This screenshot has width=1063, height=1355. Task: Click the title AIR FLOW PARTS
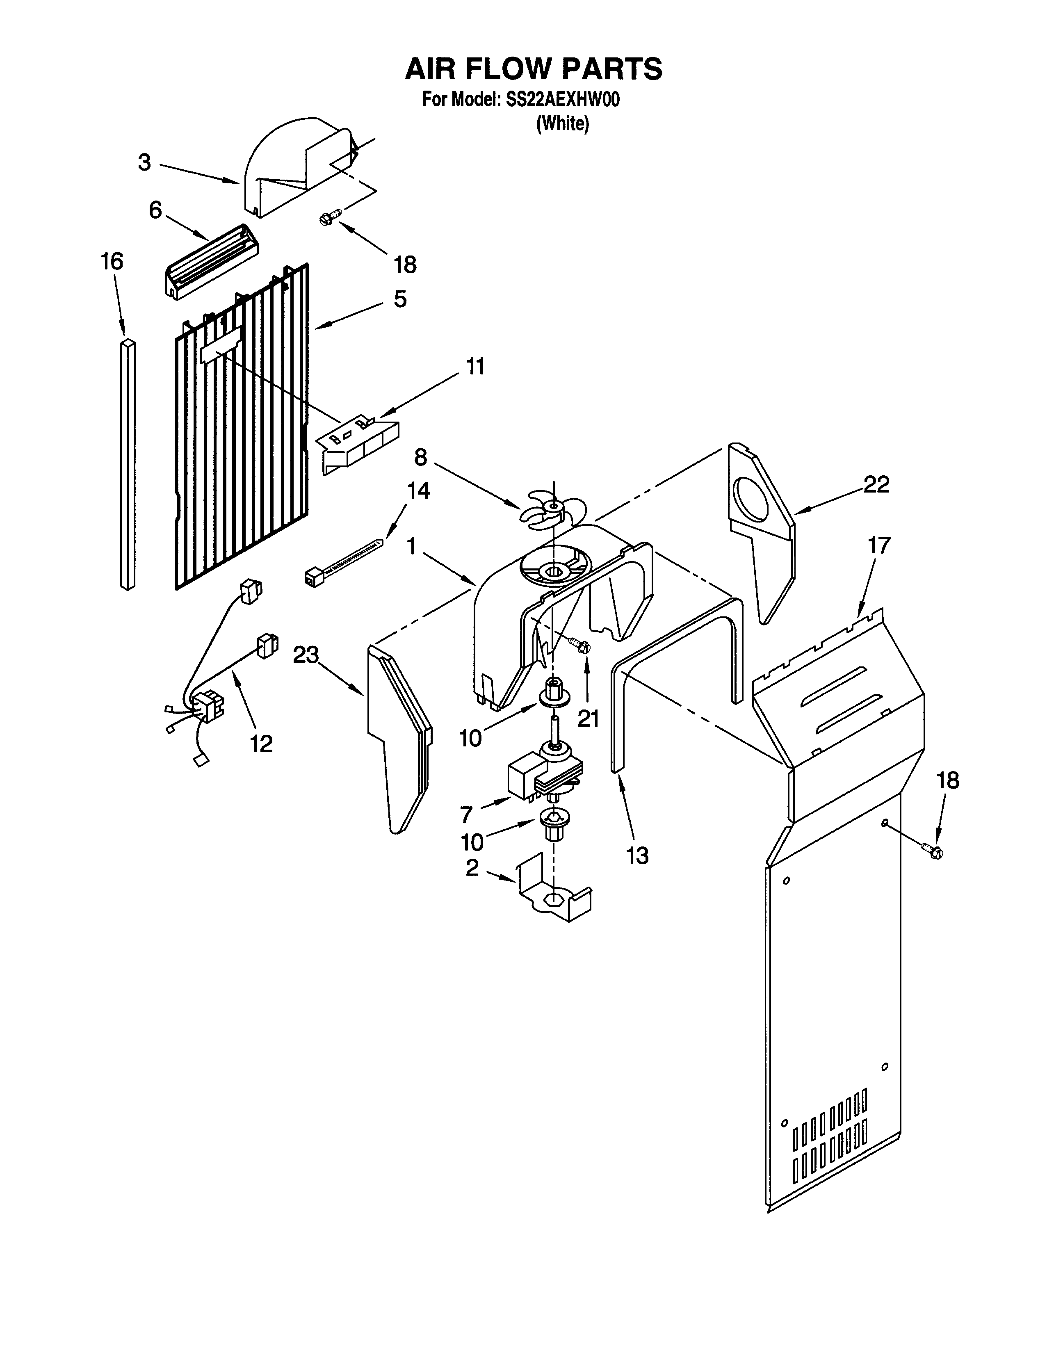(534, 68)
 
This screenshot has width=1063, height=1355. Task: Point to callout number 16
(112, 261)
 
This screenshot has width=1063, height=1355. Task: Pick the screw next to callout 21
(580, 646)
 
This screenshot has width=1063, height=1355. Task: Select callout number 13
(637, 856)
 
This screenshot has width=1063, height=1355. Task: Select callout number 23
(306, 655)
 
